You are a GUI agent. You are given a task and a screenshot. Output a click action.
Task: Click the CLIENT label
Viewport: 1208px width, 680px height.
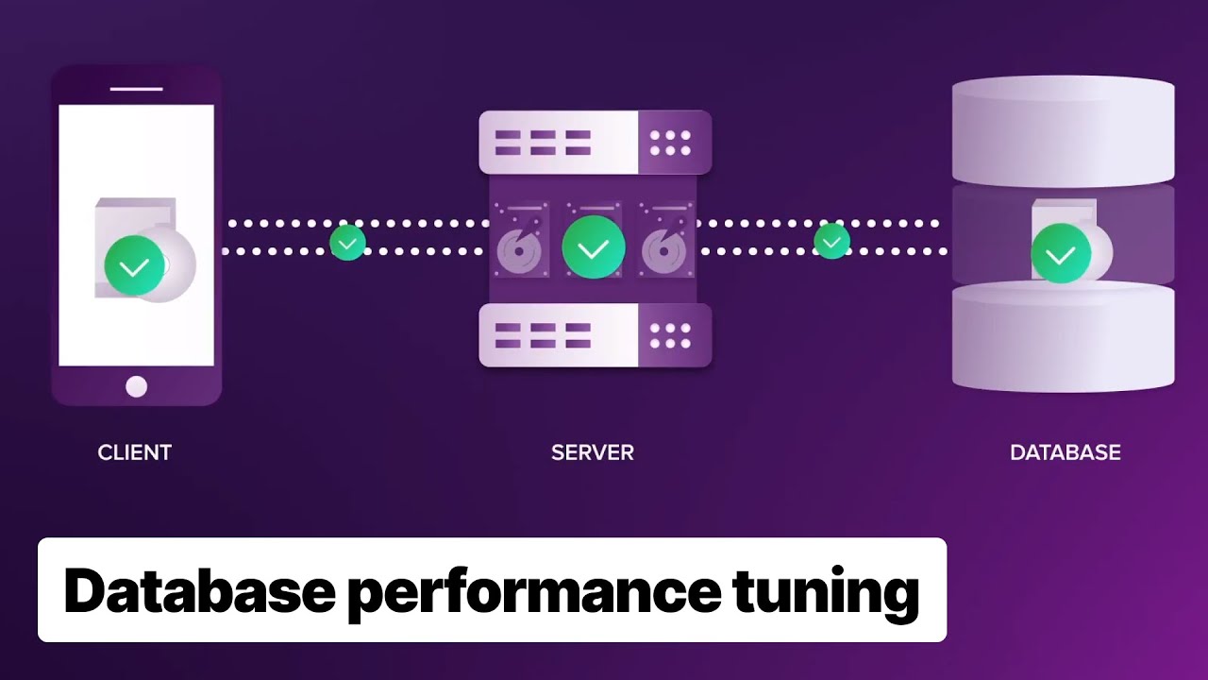click(x=134, y=452)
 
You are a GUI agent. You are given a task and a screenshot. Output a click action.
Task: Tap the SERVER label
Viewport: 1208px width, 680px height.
click(x=592, y=452)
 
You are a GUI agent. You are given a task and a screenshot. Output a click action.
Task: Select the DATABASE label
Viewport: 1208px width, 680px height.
click(x=1065, y=452)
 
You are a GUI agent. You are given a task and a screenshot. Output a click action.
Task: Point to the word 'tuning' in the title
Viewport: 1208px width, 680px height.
click(x=825, y=591)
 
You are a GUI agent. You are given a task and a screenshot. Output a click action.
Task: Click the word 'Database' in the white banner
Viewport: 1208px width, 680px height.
click(x=199, y=591)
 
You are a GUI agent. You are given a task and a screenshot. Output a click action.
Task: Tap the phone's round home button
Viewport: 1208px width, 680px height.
click(x=136, y=386)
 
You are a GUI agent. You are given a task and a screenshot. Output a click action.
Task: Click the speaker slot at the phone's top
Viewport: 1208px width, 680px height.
click(x=136, y=89)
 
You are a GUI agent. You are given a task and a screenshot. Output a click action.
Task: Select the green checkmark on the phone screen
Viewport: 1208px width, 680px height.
click(x=133, y=266)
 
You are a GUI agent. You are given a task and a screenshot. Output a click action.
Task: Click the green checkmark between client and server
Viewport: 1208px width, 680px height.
click(x=347, y=243)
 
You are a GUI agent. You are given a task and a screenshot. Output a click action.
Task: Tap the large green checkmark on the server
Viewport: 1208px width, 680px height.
click(x=593, y=248)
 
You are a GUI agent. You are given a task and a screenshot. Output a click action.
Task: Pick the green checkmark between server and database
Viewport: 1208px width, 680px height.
click(x=831, y=242)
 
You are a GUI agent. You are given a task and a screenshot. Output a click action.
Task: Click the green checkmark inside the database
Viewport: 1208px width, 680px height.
click(x=1061, y=253)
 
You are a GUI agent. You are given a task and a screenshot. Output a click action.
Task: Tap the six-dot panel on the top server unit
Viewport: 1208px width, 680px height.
click(x=670, y=143)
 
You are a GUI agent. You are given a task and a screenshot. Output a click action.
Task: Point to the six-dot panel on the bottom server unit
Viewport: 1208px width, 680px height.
click(x=670, y=335)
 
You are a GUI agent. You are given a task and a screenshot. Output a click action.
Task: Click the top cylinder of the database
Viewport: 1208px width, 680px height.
click(x=1063, y=132)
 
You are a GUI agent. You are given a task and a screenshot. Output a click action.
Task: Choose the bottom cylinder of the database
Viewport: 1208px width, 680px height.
click(x=1063, y=338)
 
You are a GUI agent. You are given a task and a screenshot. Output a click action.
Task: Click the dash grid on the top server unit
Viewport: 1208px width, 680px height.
click(x=543, y=143)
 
